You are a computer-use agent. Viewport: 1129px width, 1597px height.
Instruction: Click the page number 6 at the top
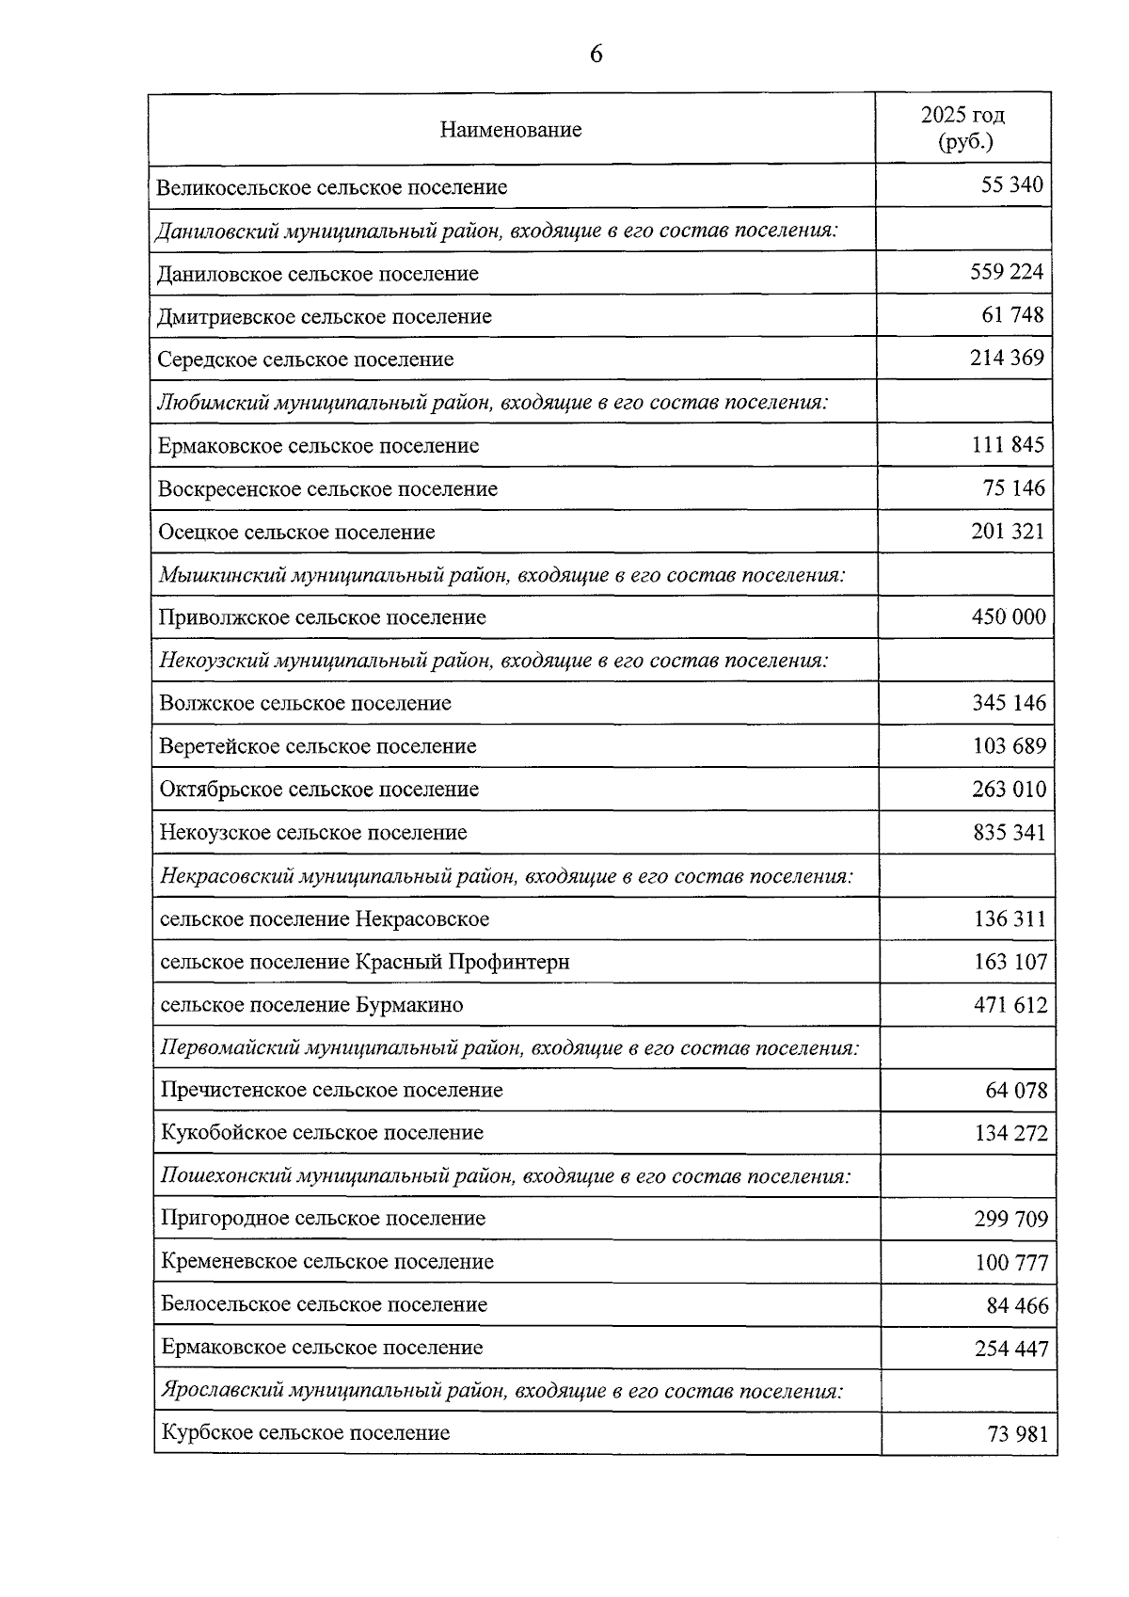[x=596, y=55]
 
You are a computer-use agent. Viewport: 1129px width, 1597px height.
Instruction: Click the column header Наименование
[x=511, y=130]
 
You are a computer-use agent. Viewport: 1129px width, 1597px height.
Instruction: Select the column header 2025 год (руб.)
[x=962, y=128]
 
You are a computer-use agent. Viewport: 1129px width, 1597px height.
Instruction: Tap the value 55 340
[x=1011, y=185]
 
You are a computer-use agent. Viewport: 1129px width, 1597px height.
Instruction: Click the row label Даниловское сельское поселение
[x=318, y=274]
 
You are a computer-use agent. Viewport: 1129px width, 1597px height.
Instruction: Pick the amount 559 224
[x=1007, y=272]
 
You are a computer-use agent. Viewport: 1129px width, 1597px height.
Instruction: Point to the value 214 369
[x=1007, y=358]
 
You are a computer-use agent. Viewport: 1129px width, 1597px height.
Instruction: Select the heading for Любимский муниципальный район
[x=492, y=403]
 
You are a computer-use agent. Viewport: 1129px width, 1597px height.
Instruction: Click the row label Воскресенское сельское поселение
[x=327, y=489]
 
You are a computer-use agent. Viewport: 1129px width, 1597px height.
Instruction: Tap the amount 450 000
[x=1008, y=617]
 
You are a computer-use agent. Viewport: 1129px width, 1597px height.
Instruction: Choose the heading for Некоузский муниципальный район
[x=493, y=661]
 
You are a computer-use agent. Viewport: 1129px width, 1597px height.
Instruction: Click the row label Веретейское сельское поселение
[x=318, y=746]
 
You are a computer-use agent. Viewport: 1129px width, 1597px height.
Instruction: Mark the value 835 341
[x=1009, y=833]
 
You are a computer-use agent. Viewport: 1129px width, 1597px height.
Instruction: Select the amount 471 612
[x=1010, y=1005]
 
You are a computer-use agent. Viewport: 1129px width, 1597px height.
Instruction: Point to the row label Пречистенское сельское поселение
[x=331, y=1091]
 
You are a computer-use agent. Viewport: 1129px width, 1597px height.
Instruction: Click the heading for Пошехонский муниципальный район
[x=505, y=1176]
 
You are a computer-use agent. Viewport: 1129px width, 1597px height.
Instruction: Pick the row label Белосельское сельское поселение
[x=324, y=1305]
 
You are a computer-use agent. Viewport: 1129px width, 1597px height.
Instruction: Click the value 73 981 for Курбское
[x=1016, y=1435]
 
